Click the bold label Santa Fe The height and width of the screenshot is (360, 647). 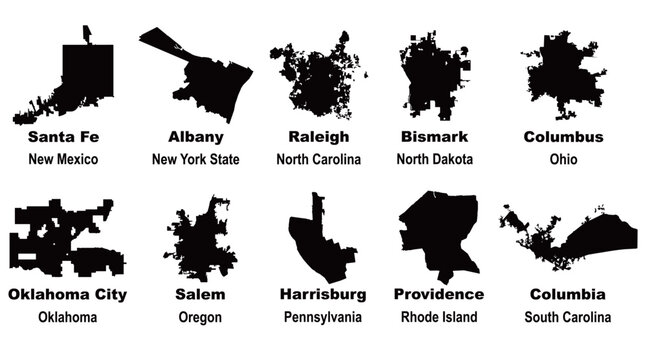coord(64,136)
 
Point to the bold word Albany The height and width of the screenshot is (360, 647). coord(196,136)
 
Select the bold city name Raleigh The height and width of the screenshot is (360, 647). coord(318,136)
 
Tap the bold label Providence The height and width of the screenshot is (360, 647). coord(438,294)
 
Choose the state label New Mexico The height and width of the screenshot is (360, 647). coord(64,159)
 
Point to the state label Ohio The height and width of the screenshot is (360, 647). coord(563,159)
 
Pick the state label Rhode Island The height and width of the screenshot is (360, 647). coord(438,317)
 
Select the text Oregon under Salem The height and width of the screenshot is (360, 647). coord(200,317)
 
